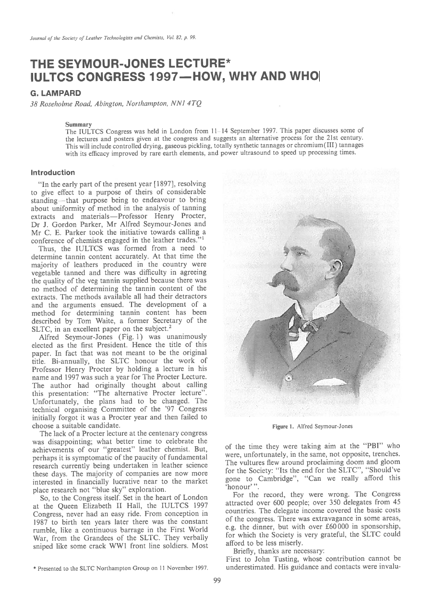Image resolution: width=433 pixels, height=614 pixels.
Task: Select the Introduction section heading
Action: [x=53, y=173]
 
